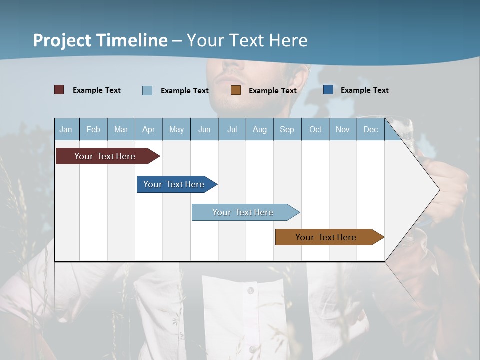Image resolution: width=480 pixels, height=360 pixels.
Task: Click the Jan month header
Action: click(x=66, y=129)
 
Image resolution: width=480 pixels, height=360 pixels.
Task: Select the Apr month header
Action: click(x=148, y=129)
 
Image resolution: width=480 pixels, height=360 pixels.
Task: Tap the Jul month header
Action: click(x=232, y=129)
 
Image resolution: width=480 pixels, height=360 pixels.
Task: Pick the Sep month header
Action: click(x=287, y=129)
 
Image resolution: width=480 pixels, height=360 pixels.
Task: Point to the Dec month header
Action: click(x=370, y=129)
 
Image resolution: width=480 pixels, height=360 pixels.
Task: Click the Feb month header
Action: click(x=93, y=129)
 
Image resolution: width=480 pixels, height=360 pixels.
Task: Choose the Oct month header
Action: click(x=315, y=129)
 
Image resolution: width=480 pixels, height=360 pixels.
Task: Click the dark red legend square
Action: click(x=59, y=90)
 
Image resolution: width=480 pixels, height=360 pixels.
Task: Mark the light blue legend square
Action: click(x=147, y=90)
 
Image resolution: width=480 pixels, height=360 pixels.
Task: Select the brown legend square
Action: click(x=236, y=90)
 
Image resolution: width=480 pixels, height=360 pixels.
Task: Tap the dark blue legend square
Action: click(x=328, y=90)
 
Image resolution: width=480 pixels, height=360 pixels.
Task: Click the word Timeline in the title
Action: click(x=132, y=40)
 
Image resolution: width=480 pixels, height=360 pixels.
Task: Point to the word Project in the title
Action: click(x=62, y=40)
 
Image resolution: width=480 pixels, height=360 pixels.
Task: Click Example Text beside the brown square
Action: click(x=272, y=90)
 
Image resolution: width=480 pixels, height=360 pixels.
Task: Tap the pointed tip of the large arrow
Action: click(x=438, y=190)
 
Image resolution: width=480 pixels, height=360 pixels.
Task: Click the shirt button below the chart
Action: click(x=250, y=290)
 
